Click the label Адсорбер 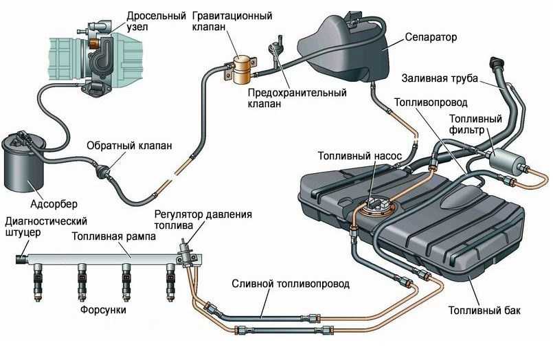pos(54,204)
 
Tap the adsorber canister pos(25,164)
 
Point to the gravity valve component pos(242,67)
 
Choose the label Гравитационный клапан pos(232,21)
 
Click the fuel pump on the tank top pos(376,204)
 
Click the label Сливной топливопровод pos(291,282)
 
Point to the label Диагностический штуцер pos(45,226)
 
